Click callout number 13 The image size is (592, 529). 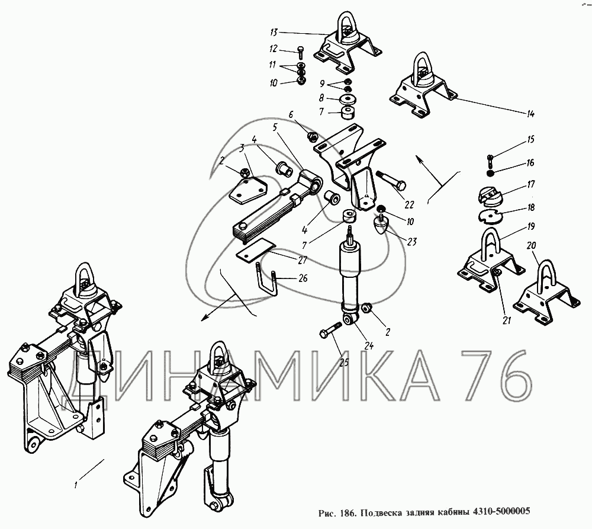click(274, 33)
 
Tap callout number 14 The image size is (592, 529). click(530, 113)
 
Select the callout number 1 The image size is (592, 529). click(76, 485)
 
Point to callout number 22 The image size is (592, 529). click(409, 204)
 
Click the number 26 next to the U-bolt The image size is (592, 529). click(303, 278)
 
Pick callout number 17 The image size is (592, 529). click(531, 184)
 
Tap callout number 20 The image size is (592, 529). click(531, 245)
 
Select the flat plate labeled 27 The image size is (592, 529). click(256, 250)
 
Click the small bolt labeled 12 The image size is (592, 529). click(301, 52)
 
